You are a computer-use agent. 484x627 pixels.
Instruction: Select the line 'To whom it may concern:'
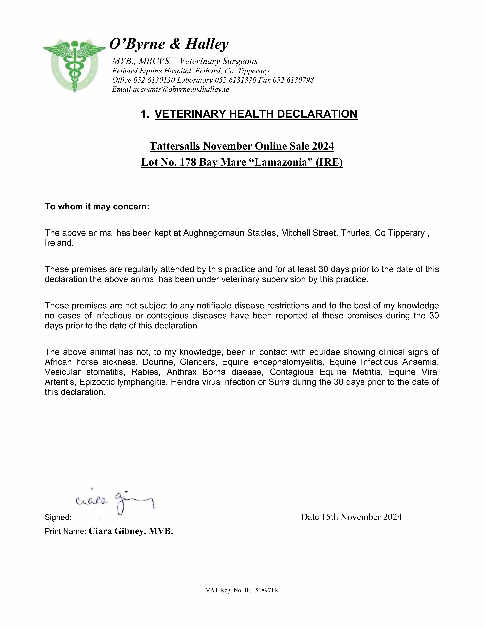pos(97,207)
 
